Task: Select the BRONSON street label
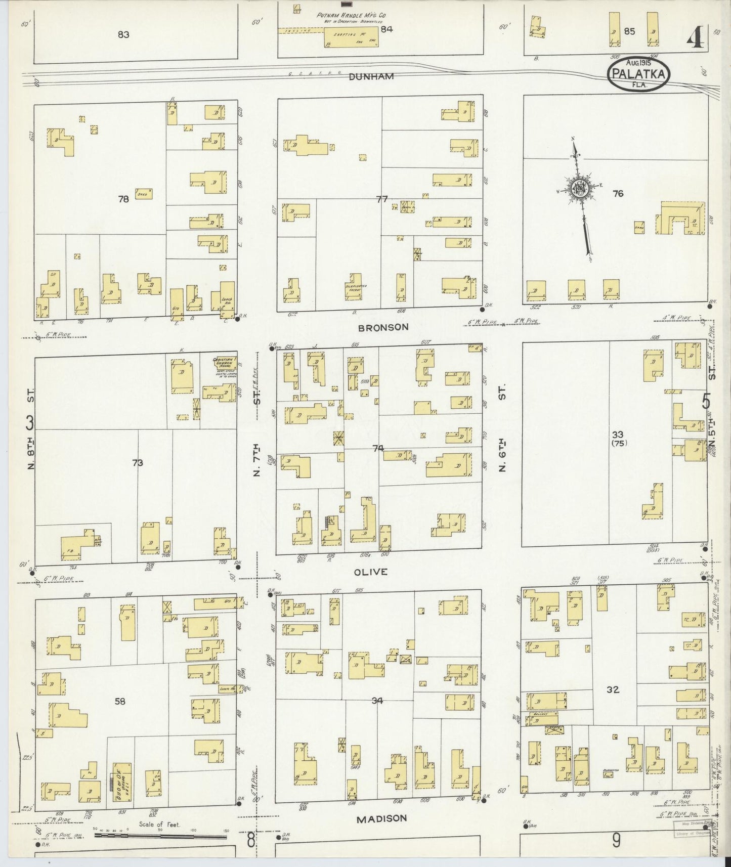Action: (382, 327)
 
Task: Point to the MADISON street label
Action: (382, 818)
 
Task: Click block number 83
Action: (123, 35)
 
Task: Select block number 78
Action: (123, 199)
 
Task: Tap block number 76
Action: (618, 193)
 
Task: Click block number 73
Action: (137, 462)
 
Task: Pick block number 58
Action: (120, 701)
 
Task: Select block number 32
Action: (613, 689)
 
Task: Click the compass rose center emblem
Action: (578, 188)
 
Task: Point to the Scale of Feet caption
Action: (160, 825)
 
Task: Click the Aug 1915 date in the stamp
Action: (637, 63)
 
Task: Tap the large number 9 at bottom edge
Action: (616, 840)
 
